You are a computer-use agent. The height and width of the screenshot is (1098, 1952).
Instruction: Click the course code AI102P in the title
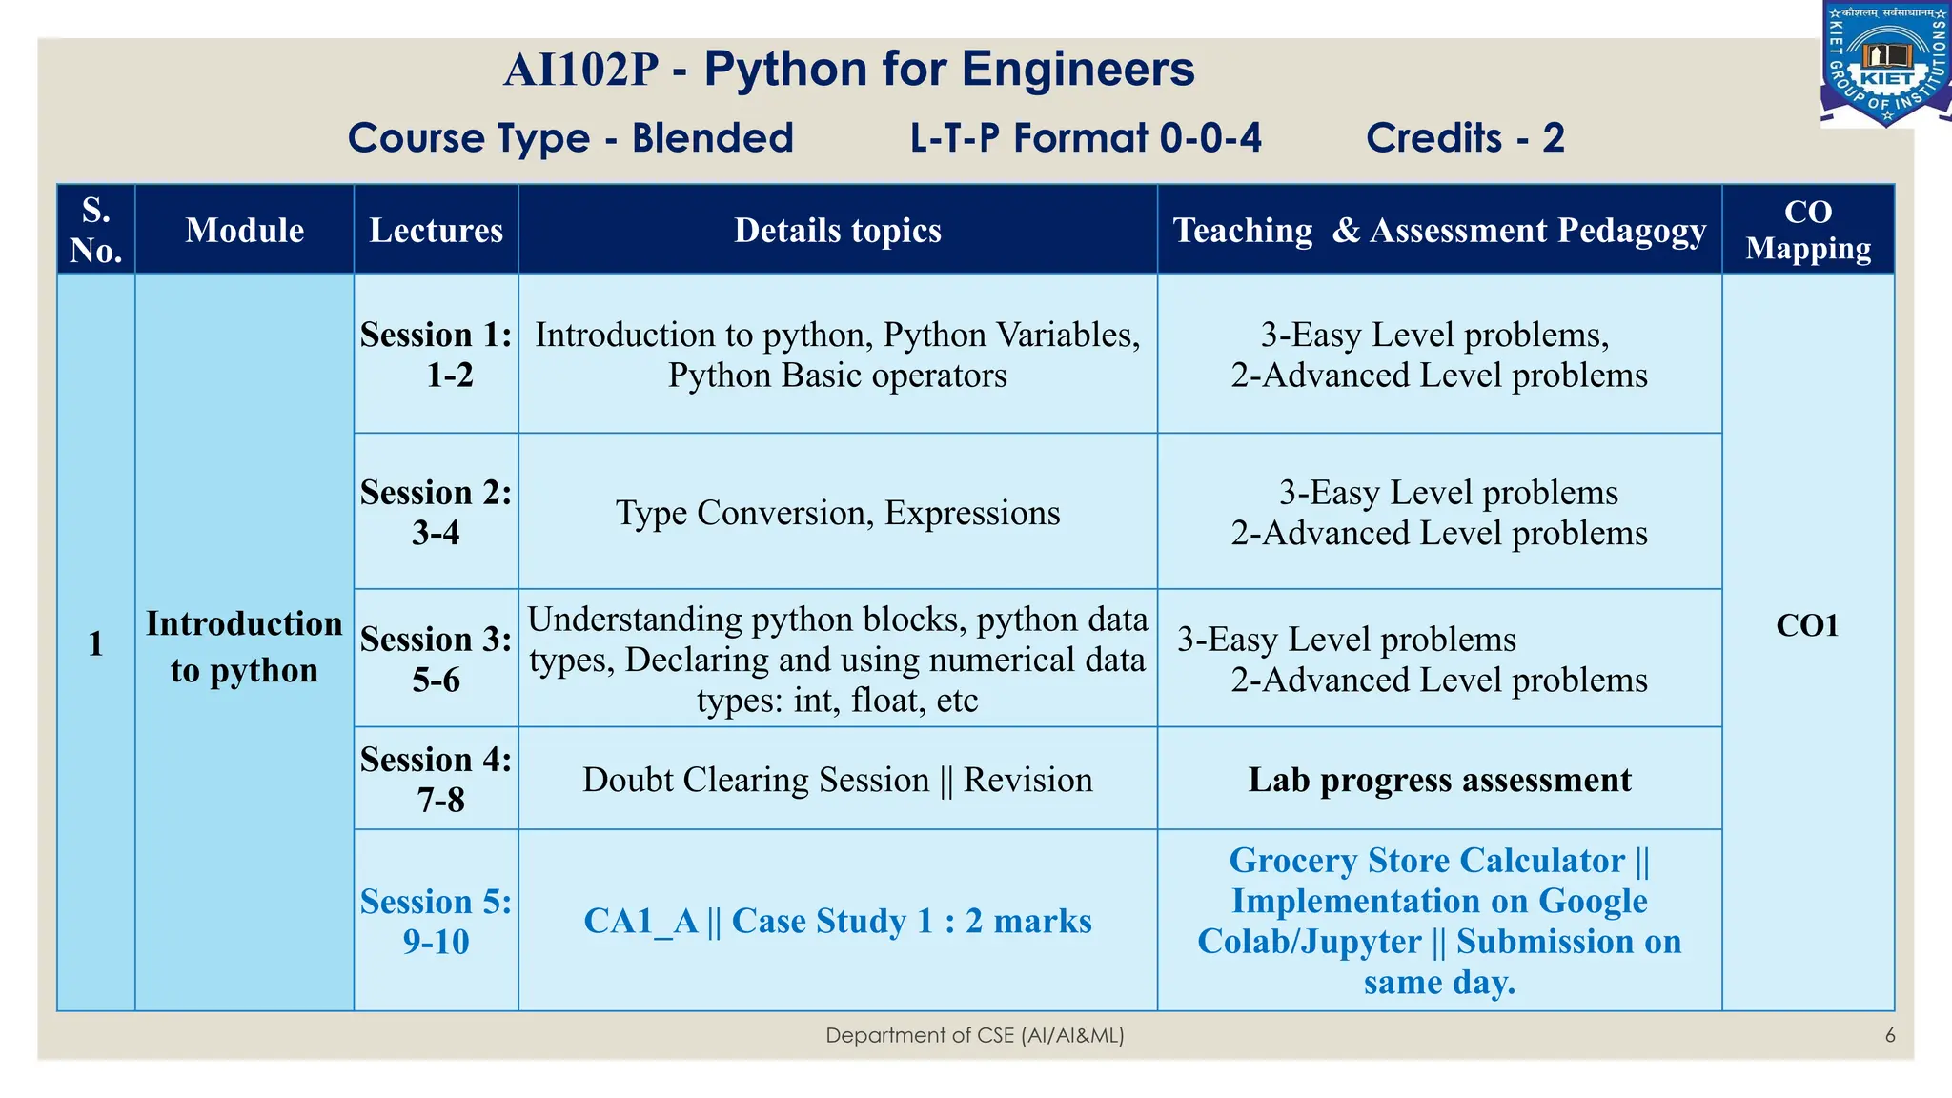[580, 71]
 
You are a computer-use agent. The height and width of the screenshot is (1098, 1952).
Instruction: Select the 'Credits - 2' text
[1465, 138]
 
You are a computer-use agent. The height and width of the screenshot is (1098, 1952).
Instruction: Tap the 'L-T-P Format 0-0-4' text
[1086, 138]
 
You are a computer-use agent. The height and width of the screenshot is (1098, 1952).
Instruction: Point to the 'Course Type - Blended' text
[570, 138]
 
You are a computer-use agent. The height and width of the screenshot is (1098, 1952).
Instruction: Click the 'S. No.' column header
[96, 230]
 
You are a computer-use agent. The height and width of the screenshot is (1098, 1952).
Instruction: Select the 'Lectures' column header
[436, 230]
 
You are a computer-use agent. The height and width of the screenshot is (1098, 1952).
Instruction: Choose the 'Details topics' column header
[837, 230]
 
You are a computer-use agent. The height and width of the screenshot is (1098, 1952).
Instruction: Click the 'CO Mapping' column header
[1807, 230]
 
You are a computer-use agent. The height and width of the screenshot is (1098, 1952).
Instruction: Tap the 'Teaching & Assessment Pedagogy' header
[1438, 230]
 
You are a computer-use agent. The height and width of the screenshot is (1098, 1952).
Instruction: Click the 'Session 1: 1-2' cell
[436, 355]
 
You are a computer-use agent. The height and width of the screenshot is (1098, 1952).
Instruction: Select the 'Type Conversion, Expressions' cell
[837, 513]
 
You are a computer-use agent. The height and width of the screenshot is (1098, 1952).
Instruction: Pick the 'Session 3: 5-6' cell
[436, 659]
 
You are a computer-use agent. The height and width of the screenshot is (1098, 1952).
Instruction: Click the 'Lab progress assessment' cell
[1439, 780]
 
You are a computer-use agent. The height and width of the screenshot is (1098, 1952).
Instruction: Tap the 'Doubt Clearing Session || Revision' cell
[837, 780]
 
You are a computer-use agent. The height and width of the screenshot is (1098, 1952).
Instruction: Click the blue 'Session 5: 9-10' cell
[436, 921]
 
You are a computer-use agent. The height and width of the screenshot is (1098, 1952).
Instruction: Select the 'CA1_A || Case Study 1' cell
[837, 921]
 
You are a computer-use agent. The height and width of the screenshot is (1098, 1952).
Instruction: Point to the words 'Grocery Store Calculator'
[1426, 861]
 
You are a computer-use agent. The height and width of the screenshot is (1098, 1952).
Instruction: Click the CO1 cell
[1806, 625]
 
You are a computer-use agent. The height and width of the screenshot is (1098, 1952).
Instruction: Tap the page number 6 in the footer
[1889, 1035]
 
